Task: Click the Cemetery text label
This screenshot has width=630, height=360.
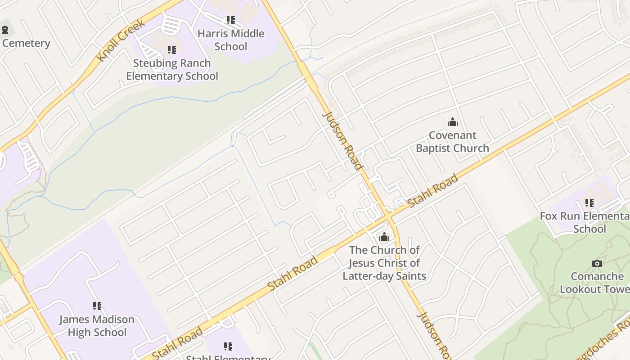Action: click(26, 43)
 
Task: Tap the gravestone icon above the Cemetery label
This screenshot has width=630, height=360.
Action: click(5, 30)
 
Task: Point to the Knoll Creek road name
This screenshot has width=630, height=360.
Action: click(121, 40)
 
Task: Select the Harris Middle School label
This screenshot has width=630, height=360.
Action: click(231, 40)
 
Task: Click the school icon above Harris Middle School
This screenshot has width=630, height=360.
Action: click(230, 20)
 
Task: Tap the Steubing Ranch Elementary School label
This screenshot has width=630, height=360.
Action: click(172, 69)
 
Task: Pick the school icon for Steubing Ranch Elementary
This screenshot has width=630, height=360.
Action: click(171, 50)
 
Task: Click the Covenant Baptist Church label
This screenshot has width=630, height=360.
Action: click(452, 141)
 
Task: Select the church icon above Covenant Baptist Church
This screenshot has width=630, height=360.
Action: click(452, 122)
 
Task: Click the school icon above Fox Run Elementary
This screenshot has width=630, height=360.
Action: click(589, 203)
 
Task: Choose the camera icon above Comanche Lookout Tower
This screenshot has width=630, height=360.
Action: click(597, 263)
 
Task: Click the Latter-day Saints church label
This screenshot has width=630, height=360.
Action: click(384, 263)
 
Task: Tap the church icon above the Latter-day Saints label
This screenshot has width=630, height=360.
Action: click(384, 237)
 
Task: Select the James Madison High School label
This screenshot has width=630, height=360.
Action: click(97, 326)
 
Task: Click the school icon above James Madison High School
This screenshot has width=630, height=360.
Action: click(97, 306)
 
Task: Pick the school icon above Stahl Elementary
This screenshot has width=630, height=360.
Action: click(228, 346)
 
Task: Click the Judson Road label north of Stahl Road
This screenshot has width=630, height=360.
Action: click(343, 141)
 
